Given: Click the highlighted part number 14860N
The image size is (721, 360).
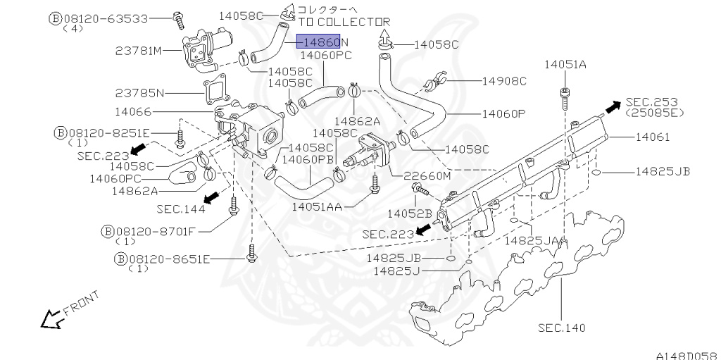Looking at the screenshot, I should point(321,42).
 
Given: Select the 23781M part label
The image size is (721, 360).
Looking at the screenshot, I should point(139,51).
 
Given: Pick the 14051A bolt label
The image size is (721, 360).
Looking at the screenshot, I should point(565,65).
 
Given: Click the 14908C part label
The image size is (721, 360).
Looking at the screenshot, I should point(504,81).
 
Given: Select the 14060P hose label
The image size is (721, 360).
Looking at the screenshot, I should point(504,113).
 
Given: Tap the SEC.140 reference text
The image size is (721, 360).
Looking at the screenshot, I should point(561,328).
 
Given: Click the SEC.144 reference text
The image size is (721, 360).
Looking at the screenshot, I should point(181,209).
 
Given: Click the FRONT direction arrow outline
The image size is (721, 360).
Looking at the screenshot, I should point(51,319).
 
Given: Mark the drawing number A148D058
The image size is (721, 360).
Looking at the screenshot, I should point(686,353).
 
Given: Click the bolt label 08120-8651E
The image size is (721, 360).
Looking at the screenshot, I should point(168,259).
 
